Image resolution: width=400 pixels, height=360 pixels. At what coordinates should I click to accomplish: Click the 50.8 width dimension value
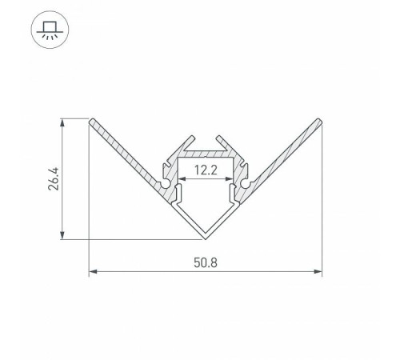coord(205,261)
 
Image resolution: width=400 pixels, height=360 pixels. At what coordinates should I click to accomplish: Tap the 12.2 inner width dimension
coord(206,169)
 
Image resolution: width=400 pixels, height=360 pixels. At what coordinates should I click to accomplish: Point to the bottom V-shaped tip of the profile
coord(206,238)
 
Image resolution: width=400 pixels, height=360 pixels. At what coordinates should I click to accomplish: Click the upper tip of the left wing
coord(91,121)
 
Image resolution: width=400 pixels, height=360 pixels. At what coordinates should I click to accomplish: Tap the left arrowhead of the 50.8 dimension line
coord(91,273)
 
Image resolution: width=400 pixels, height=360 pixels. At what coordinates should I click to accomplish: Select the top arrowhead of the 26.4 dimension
coord(62,122)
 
